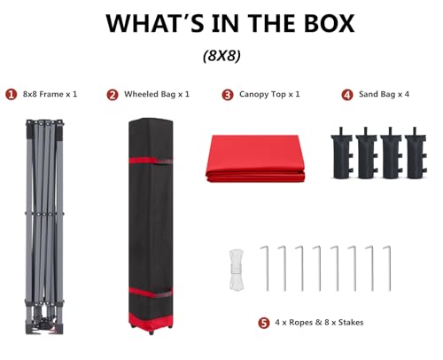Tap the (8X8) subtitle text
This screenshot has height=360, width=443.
coord(221,55)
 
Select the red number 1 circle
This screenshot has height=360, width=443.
coord(12,95)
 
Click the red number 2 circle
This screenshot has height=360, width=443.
coord(113,95)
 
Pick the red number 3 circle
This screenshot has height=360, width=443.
coord(228,95)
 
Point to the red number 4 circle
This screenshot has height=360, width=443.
coord(347,95)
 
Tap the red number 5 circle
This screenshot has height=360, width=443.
coord(264,323)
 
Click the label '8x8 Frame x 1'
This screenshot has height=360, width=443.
coord(50,94)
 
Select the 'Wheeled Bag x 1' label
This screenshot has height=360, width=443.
coord(157,94)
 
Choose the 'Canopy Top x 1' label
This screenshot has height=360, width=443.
coord(269,94)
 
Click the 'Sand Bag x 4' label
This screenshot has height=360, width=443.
coord(384,94)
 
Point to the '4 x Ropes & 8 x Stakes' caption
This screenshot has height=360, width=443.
coord(319,322)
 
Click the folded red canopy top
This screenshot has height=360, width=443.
coord(255,159)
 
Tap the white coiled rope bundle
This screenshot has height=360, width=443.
coord(237,270)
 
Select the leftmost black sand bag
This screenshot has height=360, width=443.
coord(342,153)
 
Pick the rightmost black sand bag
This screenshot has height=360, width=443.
coord(416,153)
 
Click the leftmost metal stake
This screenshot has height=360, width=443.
coord(268,269)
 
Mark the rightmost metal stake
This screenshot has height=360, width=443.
coord(390,269)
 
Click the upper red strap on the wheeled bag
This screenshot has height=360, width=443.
coord(151,160)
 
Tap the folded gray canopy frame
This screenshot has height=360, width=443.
coord(44,227)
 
